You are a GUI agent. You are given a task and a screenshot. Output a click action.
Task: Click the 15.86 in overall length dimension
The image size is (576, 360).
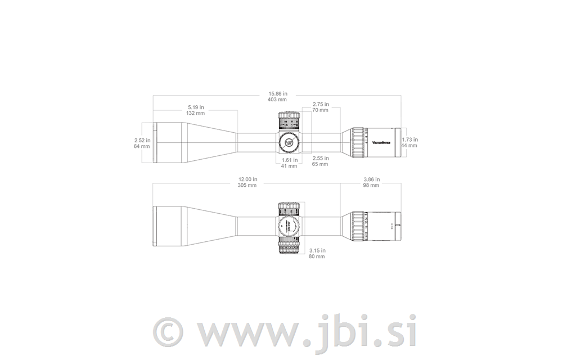277,96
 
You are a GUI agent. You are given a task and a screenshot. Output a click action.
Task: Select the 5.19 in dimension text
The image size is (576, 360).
196,110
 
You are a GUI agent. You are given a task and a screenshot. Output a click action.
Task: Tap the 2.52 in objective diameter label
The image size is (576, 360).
142,143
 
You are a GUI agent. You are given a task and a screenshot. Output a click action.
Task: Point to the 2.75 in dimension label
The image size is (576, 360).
321,107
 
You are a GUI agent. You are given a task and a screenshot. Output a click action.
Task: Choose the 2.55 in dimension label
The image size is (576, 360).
320,161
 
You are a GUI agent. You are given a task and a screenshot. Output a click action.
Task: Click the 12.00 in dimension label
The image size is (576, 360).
247,182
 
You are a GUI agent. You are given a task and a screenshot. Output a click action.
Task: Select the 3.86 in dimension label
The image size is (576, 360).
371,182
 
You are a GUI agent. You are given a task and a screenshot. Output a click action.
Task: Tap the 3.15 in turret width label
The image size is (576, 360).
317,253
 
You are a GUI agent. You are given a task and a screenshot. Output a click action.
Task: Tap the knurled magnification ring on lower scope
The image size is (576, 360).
358,227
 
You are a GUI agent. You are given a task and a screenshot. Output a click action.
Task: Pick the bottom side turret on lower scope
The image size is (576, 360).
289,247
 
